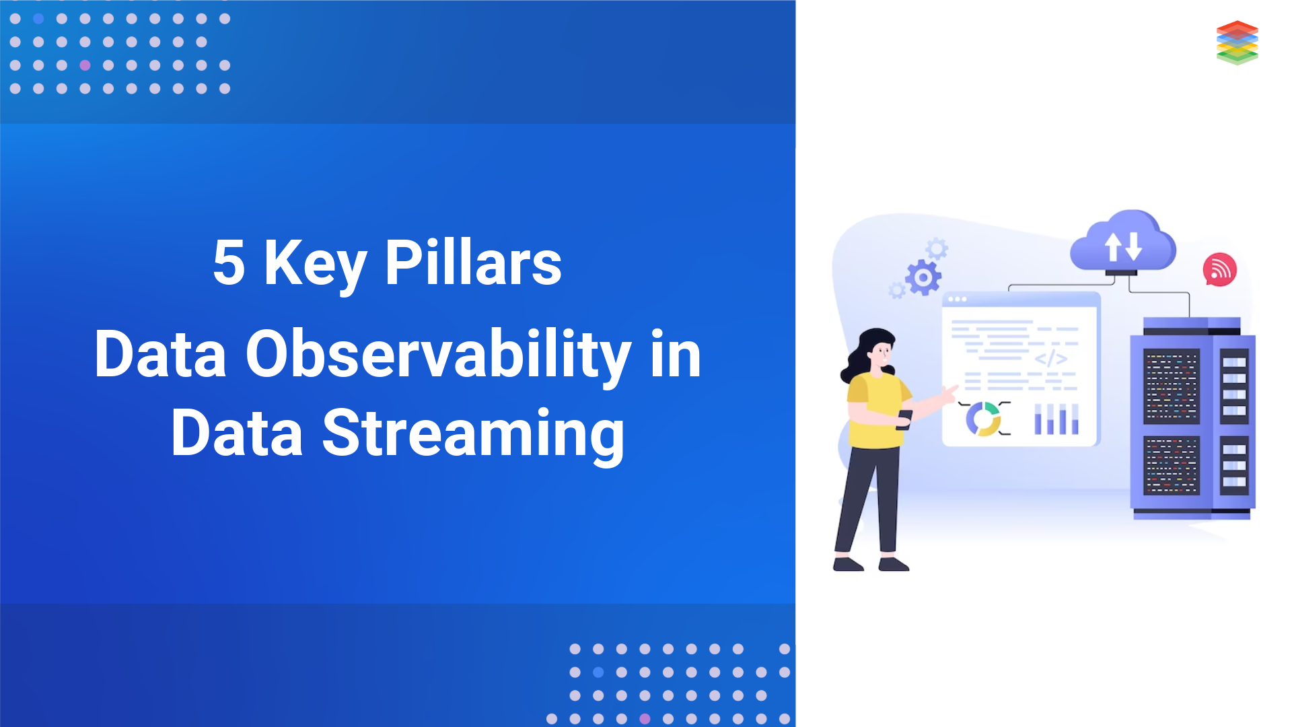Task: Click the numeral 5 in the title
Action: tap(229, 263)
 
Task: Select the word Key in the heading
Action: tap(315, 263)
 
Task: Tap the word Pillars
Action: tap(473, 263)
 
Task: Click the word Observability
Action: tap(438, 355)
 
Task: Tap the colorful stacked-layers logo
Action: tap(1237, 42)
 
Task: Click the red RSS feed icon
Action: tap(1219, 269)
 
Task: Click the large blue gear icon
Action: tap(923, 277)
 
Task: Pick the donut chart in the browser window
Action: tap(983, 419)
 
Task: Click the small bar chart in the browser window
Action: tap(1056, 419)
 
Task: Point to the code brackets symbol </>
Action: tap(1051, 359)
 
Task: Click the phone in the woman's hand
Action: tap(904, 419)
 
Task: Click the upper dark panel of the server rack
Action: tap(1172, 386)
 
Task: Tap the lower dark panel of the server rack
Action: tap(1172, 465)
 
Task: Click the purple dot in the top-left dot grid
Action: tap(85, 65)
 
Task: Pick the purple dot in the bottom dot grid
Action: tap(645, 718)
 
